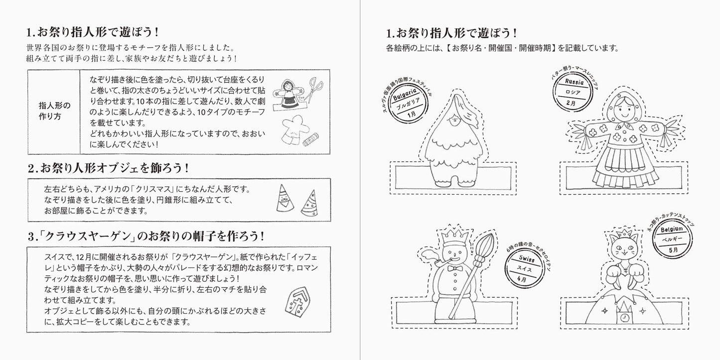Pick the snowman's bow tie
coord(452,268)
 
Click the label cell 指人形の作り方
coord(54,111)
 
